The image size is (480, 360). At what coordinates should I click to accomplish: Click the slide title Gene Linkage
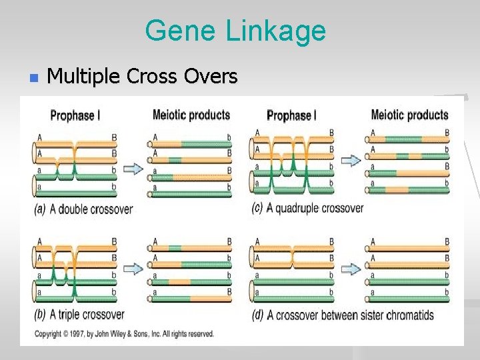[235, 31]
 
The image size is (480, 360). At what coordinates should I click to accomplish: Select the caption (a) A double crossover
[83, 209]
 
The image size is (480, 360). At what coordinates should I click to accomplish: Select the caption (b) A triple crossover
[79, 314]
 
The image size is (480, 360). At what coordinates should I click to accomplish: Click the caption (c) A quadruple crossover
[307, 208]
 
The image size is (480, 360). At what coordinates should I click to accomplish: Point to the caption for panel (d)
[343, 315]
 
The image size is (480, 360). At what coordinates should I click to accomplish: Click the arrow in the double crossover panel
[133, 168]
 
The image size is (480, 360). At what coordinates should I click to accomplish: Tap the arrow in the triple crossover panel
[133, 269]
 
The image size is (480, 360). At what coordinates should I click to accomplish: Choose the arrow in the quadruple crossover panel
[351, 161]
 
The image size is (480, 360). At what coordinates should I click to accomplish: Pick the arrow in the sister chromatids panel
[351, 269]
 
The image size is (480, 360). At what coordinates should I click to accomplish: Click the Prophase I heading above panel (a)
[75, 115]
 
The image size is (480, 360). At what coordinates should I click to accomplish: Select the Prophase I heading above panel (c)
[291, 115]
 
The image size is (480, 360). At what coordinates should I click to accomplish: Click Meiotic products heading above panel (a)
[191, 115]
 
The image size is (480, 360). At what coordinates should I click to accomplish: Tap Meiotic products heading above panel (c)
[409, 115]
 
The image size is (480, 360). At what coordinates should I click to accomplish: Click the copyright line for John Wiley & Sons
[124, 333]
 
